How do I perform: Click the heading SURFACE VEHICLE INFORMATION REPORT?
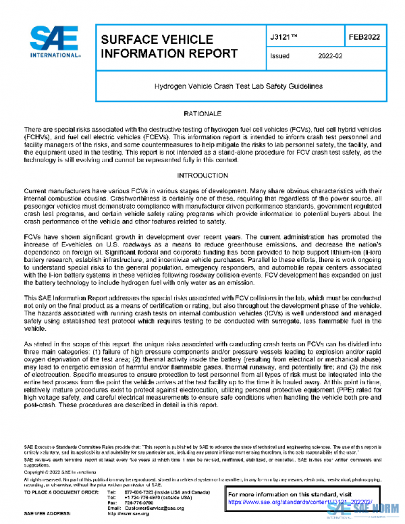157,47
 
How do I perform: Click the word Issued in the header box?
279,57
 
